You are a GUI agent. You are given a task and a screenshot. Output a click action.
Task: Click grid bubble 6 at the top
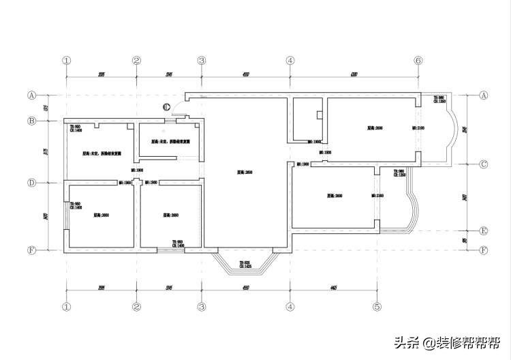(418, 61)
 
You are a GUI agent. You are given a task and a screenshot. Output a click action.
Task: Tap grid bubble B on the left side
(31, 121)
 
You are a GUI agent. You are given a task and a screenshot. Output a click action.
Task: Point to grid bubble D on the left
(31, 183)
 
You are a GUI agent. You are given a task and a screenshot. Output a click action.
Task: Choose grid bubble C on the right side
(484, 164)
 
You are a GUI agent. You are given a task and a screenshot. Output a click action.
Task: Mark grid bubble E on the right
(484, 230)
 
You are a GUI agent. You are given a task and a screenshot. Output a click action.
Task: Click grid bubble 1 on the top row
(66, 61)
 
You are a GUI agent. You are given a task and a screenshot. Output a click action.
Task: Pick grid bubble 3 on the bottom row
(202, 307)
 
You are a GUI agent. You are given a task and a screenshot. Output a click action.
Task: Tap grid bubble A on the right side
(484, 95)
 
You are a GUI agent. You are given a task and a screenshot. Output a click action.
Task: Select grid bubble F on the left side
(31, 250)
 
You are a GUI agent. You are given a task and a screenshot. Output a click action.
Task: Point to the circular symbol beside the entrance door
(166, 106)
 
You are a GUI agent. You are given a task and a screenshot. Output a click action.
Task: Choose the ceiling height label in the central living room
(245, 172)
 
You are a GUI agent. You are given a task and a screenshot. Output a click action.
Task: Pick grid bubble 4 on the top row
(290, 61)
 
